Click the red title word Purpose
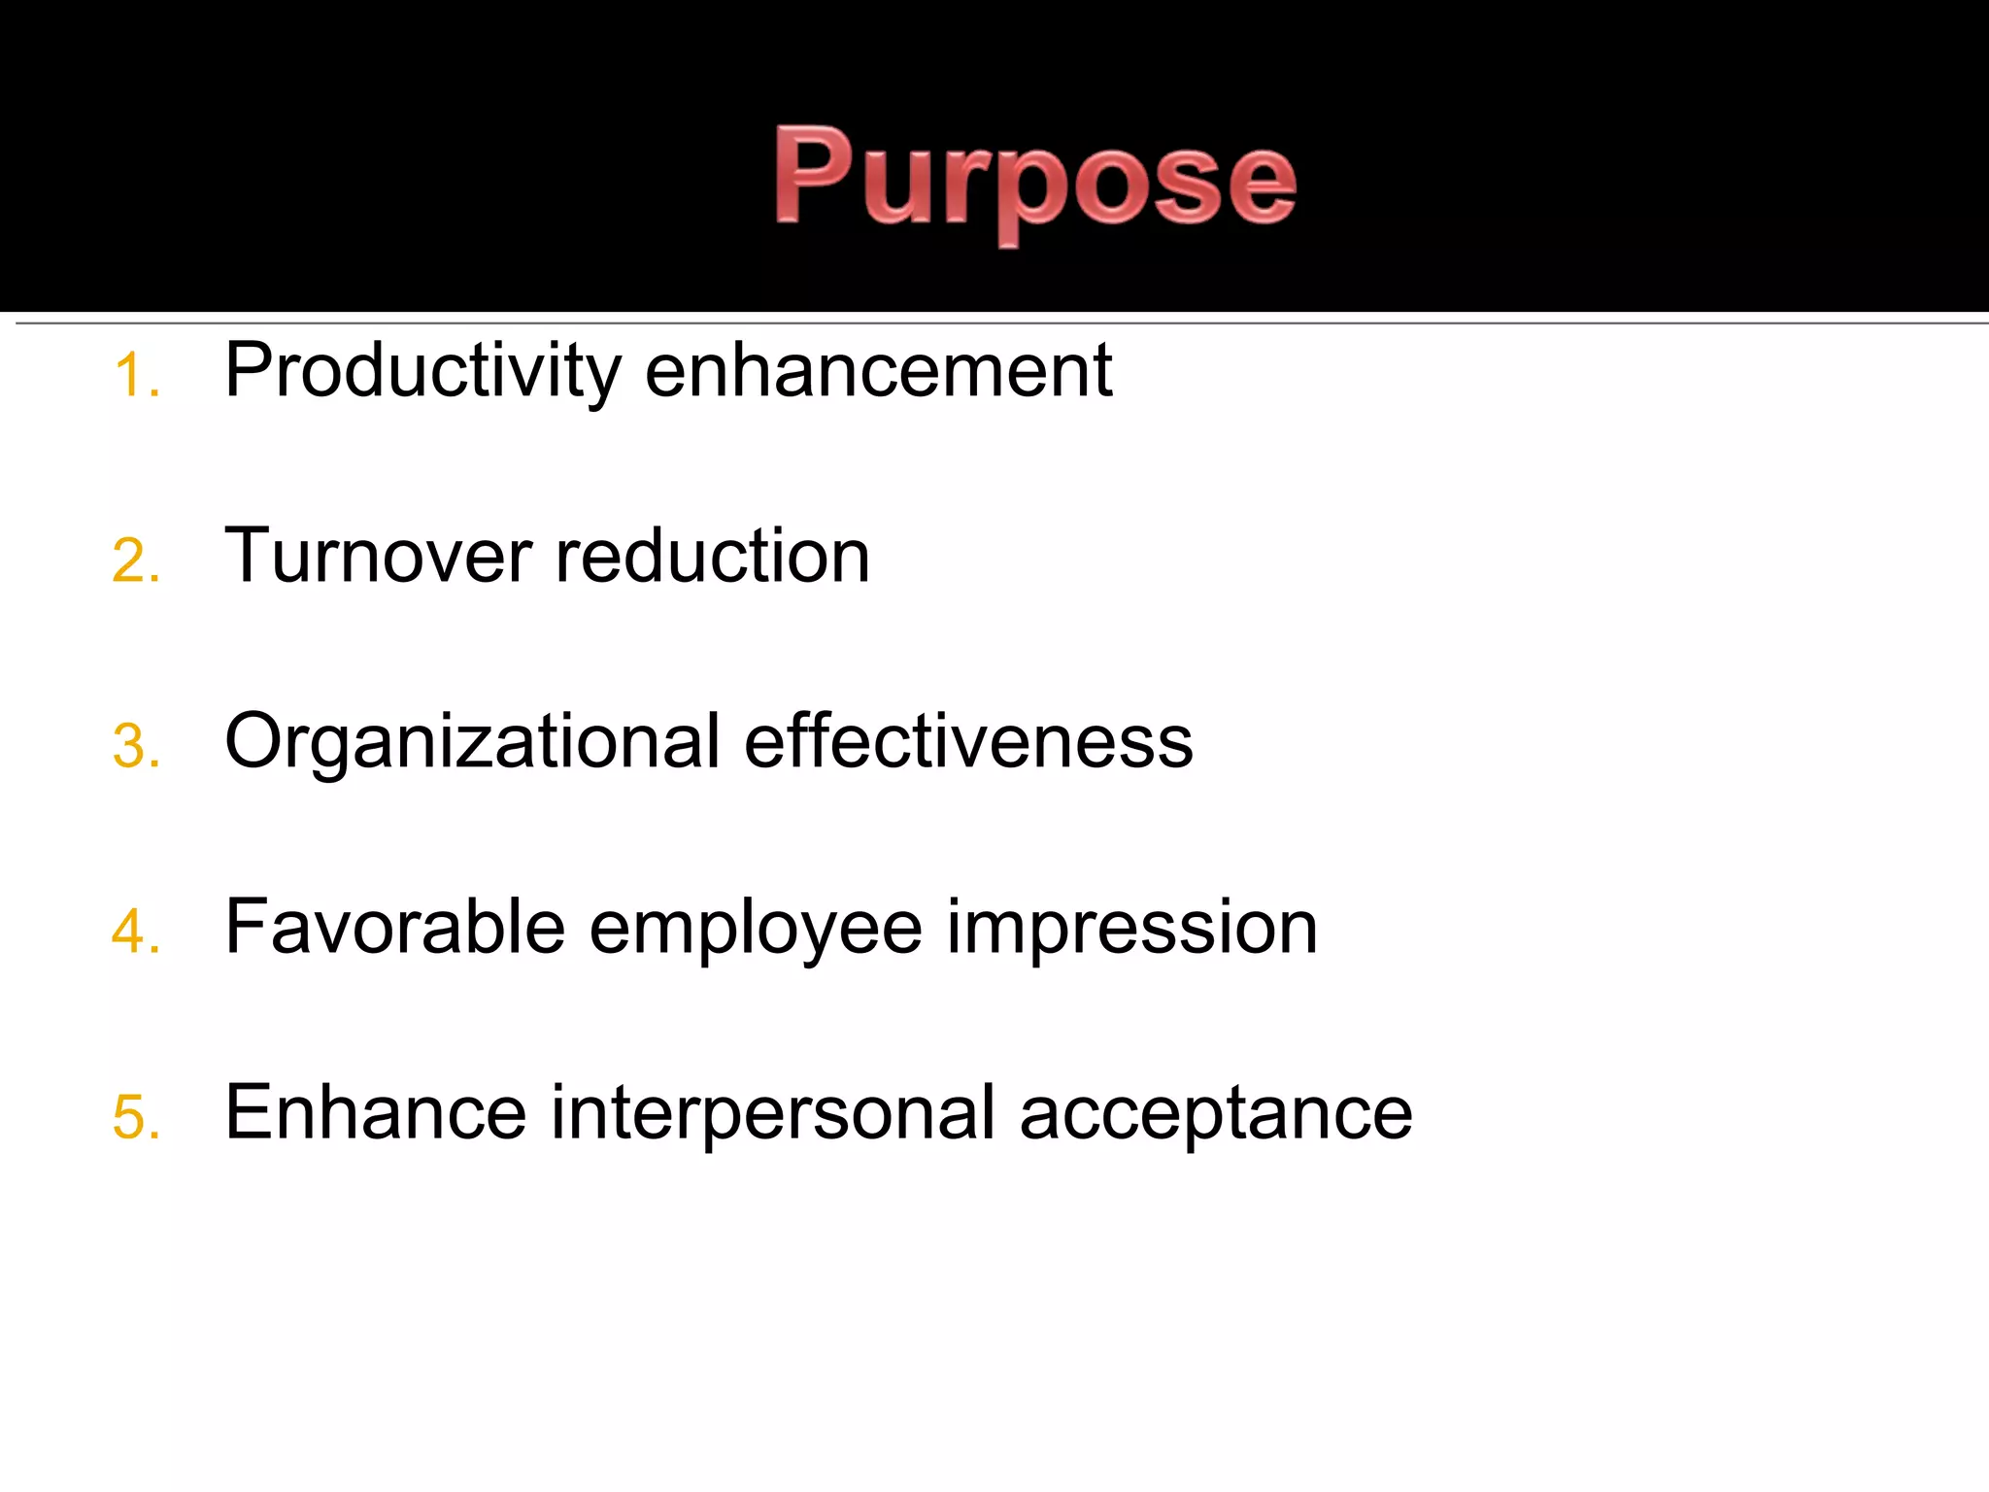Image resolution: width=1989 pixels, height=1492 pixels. click(x=1035, y=180)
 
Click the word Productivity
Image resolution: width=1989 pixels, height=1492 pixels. click(x=422, y=371)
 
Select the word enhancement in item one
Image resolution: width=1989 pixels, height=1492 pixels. click(x=878, y=371)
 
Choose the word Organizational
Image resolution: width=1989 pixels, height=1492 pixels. click(x=472, y=742)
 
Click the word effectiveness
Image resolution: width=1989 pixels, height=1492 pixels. click(x=968, y=742)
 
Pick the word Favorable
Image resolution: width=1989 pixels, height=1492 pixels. click(x=394, y=927)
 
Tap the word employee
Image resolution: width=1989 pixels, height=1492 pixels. click(x=756, y=929)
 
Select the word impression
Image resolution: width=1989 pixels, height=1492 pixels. click(x=1132, y=929)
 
